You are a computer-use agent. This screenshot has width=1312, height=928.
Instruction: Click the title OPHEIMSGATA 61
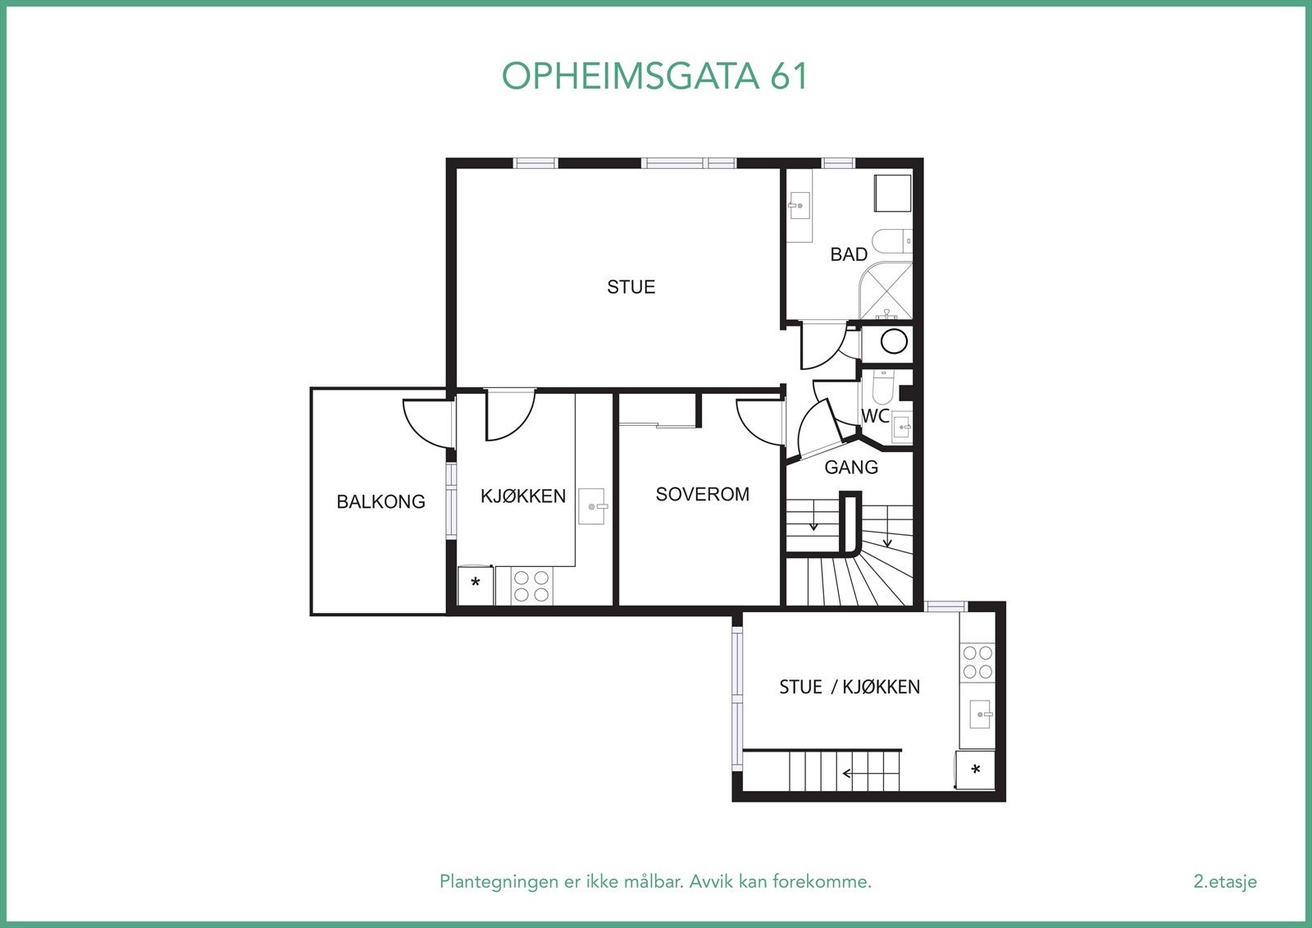[x=655, y=75]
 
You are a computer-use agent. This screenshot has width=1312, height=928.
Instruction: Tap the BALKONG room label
[x=380, y=502]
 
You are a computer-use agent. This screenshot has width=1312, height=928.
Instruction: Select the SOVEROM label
[x=702, y=494]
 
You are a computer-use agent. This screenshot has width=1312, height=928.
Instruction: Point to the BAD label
[x=849, y=254]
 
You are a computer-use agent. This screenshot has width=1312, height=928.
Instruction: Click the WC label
[x=875, y=416]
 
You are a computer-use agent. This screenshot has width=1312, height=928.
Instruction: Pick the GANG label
[x=851, y=467]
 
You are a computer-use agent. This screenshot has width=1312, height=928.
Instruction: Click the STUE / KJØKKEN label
[x=850, y=687]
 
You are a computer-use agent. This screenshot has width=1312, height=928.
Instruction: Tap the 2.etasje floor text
[x=1225, y=881]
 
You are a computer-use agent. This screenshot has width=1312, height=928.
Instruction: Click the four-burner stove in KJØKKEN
[x=531, y=586]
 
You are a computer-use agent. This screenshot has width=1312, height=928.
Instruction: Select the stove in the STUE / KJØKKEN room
[x=977, y=662]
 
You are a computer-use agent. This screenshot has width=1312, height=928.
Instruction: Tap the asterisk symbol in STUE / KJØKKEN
[x=975, y=769]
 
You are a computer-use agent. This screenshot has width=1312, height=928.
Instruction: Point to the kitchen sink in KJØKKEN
[x=592, y=506]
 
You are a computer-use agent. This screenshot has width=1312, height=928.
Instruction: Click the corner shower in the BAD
[x=886, y=290]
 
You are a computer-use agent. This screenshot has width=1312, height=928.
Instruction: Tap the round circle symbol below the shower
[x=894, y=341]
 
